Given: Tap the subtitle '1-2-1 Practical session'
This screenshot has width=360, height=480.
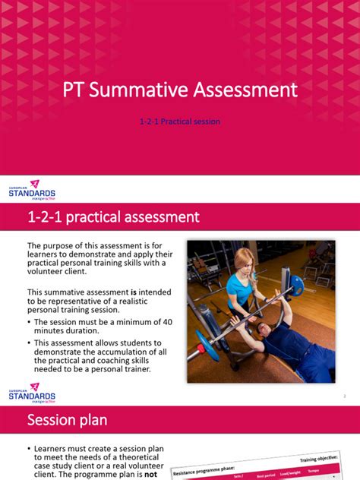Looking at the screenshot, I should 180,122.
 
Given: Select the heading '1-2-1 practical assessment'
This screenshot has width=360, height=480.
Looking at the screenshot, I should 113,217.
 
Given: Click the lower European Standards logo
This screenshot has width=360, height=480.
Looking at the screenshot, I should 31,394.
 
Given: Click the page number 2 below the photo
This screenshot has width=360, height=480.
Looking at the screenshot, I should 344,396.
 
